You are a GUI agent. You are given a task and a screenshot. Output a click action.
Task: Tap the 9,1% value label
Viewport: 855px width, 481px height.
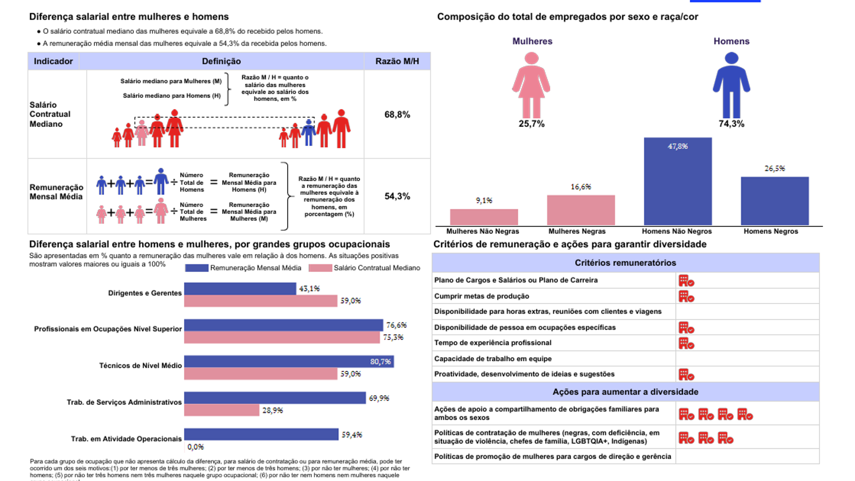484,200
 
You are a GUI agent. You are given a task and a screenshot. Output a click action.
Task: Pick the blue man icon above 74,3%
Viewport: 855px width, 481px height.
731,85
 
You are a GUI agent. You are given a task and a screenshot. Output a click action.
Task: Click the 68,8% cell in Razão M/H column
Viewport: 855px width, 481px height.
397,114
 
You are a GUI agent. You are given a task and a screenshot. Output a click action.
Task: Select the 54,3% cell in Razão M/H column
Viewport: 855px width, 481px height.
397,196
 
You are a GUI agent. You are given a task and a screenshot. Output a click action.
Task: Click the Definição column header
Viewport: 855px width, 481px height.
221,61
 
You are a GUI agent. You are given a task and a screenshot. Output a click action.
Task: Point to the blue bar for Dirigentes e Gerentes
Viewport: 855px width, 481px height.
240,288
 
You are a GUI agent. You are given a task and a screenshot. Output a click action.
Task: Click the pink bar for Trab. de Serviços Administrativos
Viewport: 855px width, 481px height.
221,410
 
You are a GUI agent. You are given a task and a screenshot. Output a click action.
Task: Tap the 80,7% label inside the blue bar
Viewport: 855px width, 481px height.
380,361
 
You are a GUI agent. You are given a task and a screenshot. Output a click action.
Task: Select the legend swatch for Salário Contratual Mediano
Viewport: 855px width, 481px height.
320,268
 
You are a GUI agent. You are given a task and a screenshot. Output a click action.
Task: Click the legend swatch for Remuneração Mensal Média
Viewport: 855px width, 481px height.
196,268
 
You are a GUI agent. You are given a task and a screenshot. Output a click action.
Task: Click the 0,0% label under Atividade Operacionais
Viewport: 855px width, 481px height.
195,447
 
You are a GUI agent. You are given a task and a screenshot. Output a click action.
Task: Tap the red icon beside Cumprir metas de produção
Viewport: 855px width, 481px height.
686,296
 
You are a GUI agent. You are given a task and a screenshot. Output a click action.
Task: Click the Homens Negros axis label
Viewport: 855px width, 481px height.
770,231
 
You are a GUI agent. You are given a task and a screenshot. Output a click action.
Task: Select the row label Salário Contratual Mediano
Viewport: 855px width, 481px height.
50,114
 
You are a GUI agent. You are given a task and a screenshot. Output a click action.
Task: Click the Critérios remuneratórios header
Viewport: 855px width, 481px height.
625,263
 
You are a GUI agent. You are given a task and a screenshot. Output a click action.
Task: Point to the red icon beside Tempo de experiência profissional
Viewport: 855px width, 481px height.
686,343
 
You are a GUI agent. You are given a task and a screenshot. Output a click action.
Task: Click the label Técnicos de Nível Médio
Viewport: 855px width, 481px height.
140,365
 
